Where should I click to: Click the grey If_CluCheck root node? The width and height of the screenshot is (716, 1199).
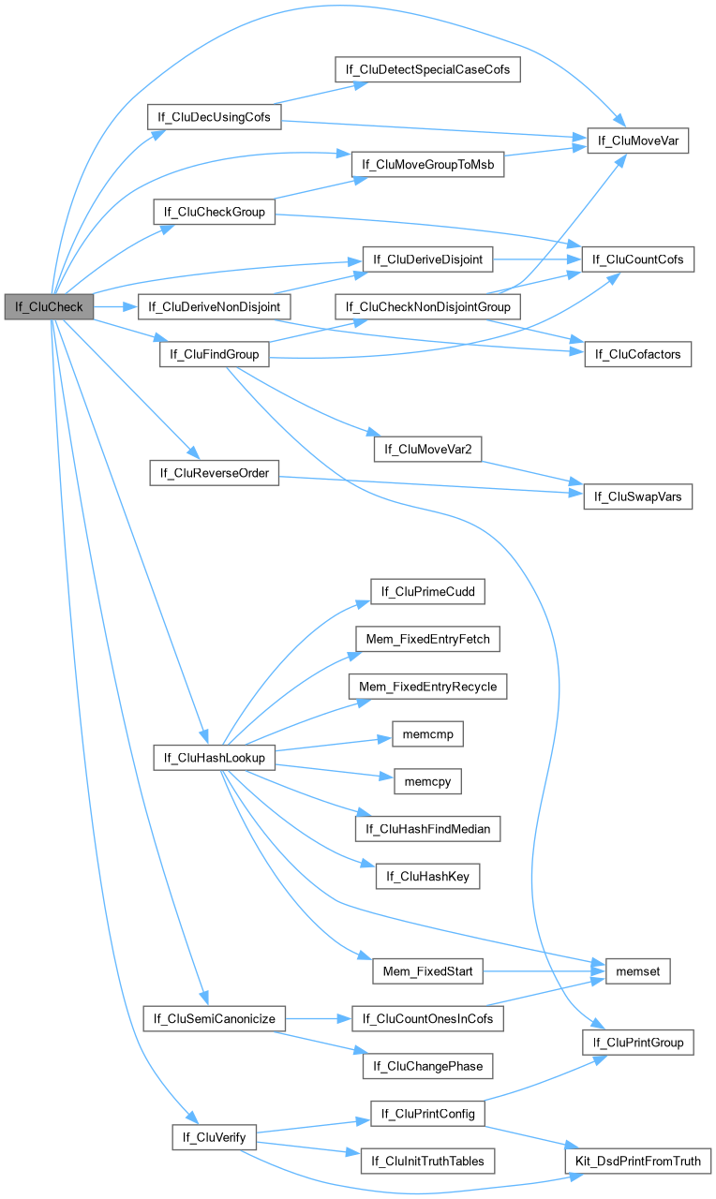point(49,306)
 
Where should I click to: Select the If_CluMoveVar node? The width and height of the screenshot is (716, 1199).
point(638,141)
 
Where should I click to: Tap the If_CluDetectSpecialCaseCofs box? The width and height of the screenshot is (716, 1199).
point(427,69)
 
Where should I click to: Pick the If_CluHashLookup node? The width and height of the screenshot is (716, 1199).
point(215,757)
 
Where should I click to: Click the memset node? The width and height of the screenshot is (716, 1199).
point(638,971)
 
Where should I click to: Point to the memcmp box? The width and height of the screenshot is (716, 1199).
point(427,734)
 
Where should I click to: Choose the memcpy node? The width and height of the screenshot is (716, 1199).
point(427,779)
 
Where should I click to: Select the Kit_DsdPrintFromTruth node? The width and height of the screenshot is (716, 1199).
point(638,1161)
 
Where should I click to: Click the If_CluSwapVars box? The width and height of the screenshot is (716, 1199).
point(638,497)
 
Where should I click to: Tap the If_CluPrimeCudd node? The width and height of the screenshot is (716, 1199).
point(427,591)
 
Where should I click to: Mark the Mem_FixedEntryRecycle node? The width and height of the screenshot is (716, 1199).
point(427,687)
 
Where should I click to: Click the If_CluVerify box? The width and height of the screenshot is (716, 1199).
point(215,1137)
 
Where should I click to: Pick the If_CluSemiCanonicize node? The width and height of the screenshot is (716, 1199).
point(215,1018)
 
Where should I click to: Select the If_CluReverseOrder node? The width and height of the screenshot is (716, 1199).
point(215,473)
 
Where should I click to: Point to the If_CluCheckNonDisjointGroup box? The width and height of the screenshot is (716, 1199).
point(427,306)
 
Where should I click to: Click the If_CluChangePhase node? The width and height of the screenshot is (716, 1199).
point(427,1065)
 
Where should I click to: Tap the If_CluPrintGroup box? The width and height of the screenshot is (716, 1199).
point(638,1042)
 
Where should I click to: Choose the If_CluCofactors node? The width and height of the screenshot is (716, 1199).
point(638,354)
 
